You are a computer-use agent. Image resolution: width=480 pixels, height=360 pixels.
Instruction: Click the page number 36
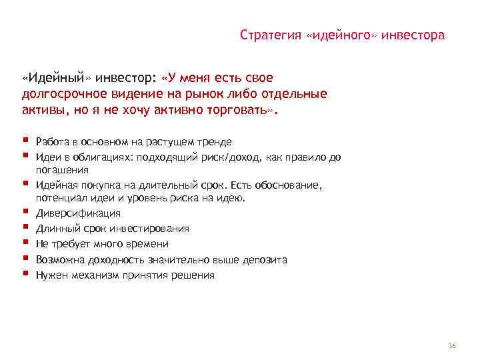(x=452, y=345)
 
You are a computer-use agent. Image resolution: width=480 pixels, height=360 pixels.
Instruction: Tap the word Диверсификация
(x=79, y=213)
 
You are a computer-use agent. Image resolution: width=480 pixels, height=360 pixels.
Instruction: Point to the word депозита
(x=265, y=259)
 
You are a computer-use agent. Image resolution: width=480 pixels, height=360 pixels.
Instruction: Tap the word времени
(x=147, y=244)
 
